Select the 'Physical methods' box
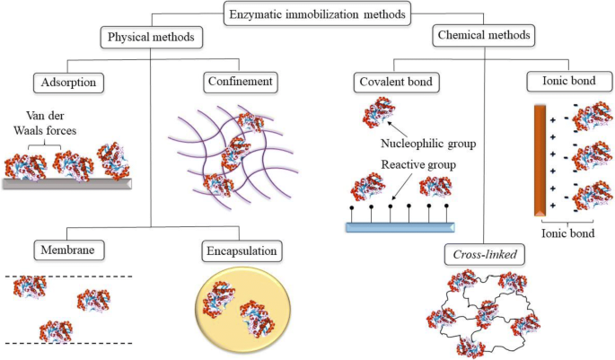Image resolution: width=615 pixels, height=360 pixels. (149, 37)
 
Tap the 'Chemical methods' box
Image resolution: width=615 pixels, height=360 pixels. (483, 36)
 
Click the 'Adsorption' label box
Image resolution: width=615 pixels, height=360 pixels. (69, 83)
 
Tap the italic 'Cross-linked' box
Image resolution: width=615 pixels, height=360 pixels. (485, 255)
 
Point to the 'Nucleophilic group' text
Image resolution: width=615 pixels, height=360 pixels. (428, 142)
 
